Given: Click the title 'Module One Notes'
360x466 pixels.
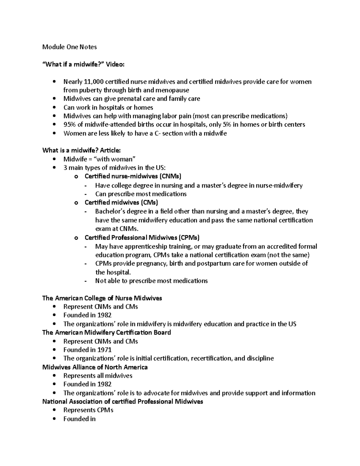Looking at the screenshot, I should tap(69, 47).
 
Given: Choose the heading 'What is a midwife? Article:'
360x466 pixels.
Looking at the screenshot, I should tap(81, 150).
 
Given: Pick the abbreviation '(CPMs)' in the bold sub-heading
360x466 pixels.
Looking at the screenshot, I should tap(189, 238).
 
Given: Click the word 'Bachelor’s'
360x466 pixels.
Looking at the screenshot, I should tap(110, 212).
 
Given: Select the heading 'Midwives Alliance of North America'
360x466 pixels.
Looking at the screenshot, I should tap(95, 367).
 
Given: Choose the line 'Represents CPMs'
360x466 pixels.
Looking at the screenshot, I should tap(88, 410).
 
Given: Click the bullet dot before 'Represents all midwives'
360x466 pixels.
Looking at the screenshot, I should tap(54, 376).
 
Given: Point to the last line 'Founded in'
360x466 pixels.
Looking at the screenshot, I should tap(79, 419).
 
